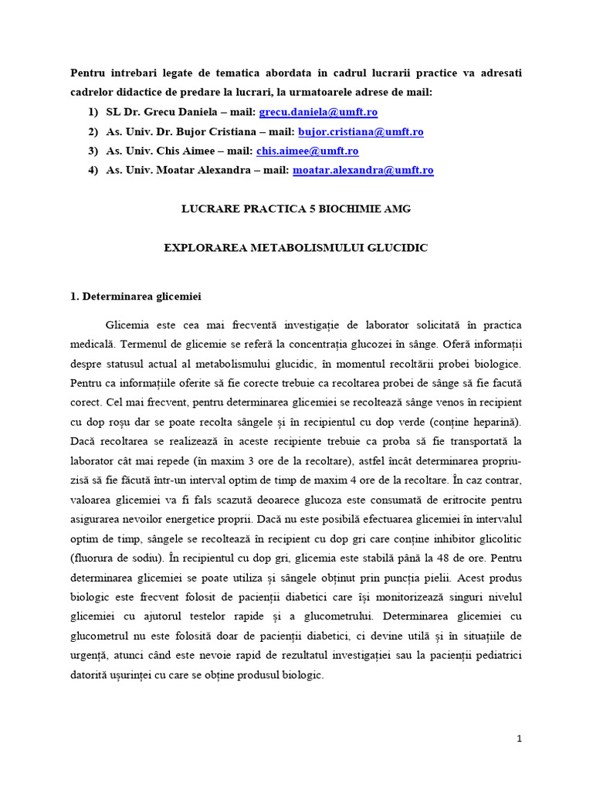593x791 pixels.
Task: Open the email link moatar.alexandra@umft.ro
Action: [x=363, y=171]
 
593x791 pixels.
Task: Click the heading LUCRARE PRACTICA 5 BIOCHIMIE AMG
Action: [x=296, y=209]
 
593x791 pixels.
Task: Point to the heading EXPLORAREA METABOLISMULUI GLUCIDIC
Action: [x=296, y=248]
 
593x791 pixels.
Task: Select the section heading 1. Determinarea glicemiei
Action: [x=136, y=295]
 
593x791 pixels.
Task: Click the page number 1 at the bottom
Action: [x=520, y=739]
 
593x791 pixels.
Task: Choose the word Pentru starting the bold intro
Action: [x=89, y=73]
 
